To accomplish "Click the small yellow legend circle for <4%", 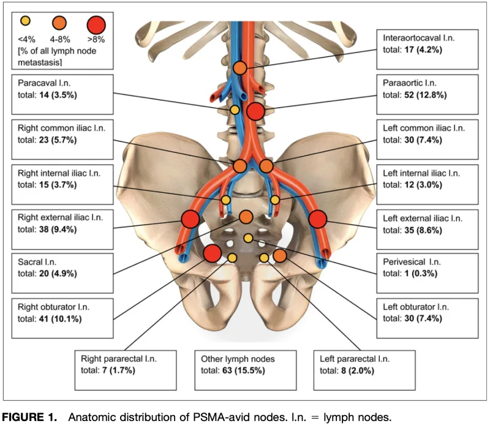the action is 25,21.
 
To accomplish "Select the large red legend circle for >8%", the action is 96,25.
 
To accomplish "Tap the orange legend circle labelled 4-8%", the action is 59,23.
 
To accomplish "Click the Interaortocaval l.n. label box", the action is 427,50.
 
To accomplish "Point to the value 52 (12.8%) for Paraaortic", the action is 425,95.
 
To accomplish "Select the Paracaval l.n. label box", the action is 62,94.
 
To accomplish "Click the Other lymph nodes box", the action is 246,370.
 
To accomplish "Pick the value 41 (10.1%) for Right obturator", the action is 60,319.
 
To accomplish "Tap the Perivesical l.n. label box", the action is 427,273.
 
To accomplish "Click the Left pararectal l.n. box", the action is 364,370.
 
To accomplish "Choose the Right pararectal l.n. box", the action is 126,370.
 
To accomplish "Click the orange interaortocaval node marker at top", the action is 240,67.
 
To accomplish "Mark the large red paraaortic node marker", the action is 255,111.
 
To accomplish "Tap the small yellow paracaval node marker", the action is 235,110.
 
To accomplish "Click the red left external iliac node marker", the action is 317,219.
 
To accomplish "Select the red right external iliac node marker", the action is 190,219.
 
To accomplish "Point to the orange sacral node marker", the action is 246,217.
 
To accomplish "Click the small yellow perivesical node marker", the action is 248,238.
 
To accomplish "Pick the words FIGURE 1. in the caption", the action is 29,417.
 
